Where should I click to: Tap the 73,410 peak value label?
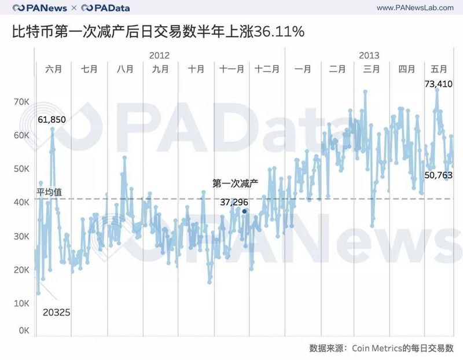pyautogui.click(x=438, y=84)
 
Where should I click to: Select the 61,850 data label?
pyautogui.click(x=52, y=119)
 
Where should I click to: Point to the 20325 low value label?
pyautogui.click(x=56, y=312)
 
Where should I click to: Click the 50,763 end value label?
pyautogui.click(x=438, y=174)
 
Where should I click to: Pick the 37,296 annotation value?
pyautogui.click(x=234, y=202)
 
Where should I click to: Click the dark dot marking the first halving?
pyautogui.click(x=244, y=211)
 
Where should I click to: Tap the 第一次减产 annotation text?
pyautogui.click(x=234, y=184)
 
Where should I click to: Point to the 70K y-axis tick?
pyautogui.click(x=22, y=102)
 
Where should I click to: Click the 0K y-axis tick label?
pyautogui.click(x=23, y=330)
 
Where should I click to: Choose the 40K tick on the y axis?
pyautogui.click(x=22, y=203)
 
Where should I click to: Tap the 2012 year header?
pyautogui.click(x=159, y=55)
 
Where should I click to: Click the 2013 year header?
pyautogui.click(x=369, y=55)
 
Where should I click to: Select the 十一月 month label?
pyautogui.click(x=231, y=69)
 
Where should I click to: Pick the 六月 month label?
pyautogui.click(x=53, y=69)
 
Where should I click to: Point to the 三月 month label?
pyautogui.click(x=372, y=69)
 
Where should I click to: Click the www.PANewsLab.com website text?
pyautogui.click(x=415, y=8)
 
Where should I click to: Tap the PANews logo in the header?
pyautogui.click(x=39, y=8)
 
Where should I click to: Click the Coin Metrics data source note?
pyautogui.click(x=382, y=348)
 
